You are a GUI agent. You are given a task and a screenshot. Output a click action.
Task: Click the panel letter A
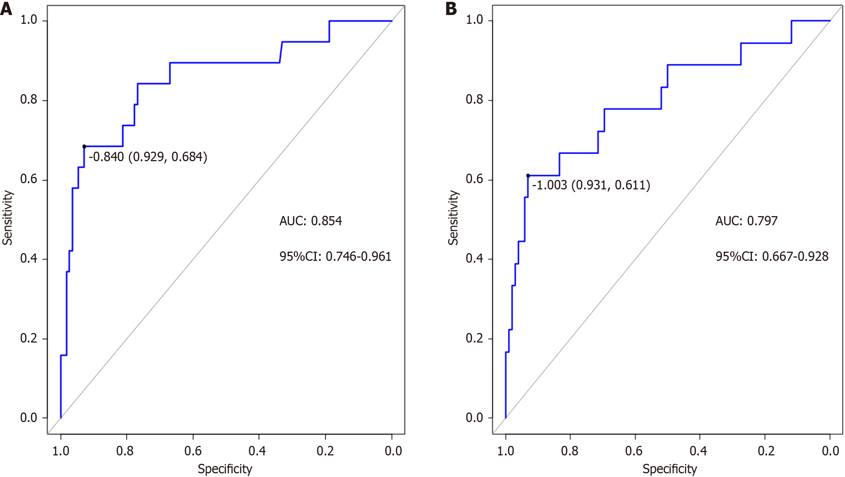coord(6,9)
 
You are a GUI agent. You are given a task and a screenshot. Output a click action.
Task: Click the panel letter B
coord(451,9)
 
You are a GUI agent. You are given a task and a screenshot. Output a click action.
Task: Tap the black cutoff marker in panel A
coord(84,147)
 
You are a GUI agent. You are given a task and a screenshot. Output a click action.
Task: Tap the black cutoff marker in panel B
coord(528,176)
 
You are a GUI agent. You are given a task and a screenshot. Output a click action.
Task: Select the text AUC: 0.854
coord(310,221)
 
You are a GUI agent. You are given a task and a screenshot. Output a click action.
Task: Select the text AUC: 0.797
coord(746,221)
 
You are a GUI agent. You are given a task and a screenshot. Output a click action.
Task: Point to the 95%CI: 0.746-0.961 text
coord(335,256)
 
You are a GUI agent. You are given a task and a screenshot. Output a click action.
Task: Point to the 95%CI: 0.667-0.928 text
coord(772,256)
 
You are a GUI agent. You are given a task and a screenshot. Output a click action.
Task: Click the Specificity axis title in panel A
coord(225,469)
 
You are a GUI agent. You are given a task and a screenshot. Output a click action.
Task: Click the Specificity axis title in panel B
coord(669,469)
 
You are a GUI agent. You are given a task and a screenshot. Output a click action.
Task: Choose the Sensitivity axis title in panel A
coord(8,218)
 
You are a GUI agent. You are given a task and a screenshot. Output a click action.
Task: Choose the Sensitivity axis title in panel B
coord(453,218)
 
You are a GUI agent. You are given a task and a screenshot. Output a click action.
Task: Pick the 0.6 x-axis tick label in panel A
coord(193,451)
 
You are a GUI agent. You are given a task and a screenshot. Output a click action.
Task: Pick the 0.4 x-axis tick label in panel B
coord(698,451)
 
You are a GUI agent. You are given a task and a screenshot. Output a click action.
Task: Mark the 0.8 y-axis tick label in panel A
coord(29,100)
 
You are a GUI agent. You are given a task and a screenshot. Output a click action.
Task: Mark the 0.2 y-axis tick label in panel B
coord(474,338)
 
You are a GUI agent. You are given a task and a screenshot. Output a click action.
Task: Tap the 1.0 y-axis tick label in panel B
coord(474,20)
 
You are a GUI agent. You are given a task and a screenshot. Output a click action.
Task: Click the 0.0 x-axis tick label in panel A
coord(393,451)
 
